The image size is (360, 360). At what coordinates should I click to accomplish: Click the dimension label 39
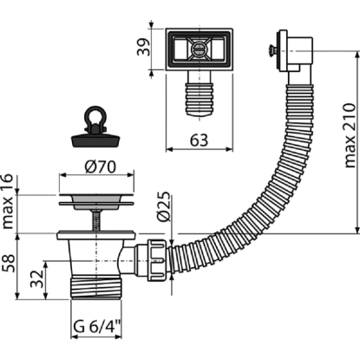click(x=144, y=47)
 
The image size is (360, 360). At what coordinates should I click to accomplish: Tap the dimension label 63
click(x=200, y=141)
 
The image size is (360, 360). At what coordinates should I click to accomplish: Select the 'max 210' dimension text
click(x=350, y=135)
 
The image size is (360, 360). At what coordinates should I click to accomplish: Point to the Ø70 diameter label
click(x=100, y=167)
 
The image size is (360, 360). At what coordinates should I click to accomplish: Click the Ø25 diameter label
click(x=164, y=206)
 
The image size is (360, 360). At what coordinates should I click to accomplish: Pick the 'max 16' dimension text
click(x=8, y=201)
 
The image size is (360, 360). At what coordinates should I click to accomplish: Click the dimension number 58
click(x=9, y=263)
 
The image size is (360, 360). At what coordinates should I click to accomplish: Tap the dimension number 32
click(x=37, y=278)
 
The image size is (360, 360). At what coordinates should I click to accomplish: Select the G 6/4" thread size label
click(x=96, y=327)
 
